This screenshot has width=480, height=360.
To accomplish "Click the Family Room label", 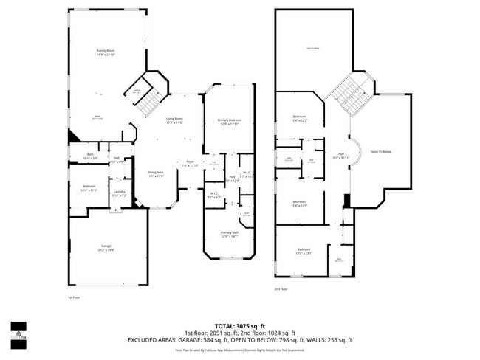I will point(106,52).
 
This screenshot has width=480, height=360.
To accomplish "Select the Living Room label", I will point(174,120).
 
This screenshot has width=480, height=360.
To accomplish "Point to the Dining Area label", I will point(155,174).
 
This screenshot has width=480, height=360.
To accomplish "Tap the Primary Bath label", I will point(230,234).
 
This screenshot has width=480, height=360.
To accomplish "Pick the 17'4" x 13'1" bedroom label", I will point(304,251).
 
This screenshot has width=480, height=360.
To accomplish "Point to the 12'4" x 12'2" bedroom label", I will point(299,119).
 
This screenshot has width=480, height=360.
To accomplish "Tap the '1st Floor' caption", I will point(73,297).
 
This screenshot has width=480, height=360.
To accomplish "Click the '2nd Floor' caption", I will point(281,289).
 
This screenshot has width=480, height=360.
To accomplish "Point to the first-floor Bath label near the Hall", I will point(90,156).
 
